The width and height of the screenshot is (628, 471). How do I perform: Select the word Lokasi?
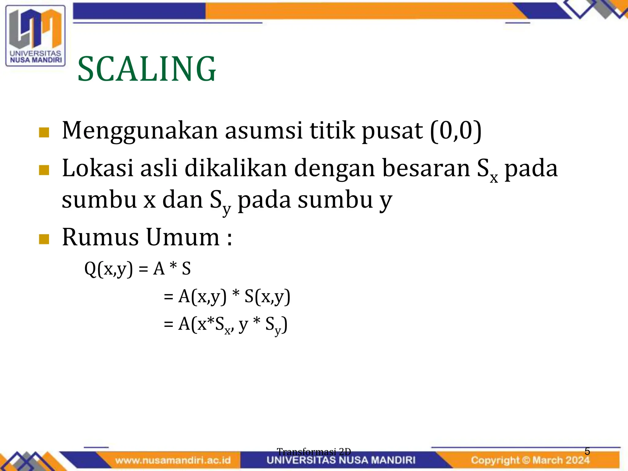point(98,168)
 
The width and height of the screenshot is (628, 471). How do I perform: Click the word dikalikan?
point(236,168)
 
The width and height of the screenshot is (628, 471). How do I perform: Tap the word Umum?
point(183,237)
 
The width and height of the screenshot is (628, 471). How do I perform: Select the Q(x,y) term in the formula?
point(109,269)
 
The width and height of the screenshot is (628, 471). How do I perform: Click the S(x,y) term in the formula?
point(267,297)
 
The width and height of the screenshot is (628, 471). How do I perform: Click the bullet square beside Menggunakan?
point(44,133)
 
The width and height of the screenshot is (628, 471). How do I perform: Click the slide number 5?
point(587,451)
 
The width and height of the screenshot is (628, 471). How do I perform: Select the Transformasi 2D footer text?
point(314,451)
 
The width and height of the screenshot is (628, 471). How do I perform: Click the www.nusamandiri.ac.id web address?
point(173,460)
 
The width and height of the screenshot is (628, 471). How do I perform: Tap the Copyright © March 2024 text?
point(530,460)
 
